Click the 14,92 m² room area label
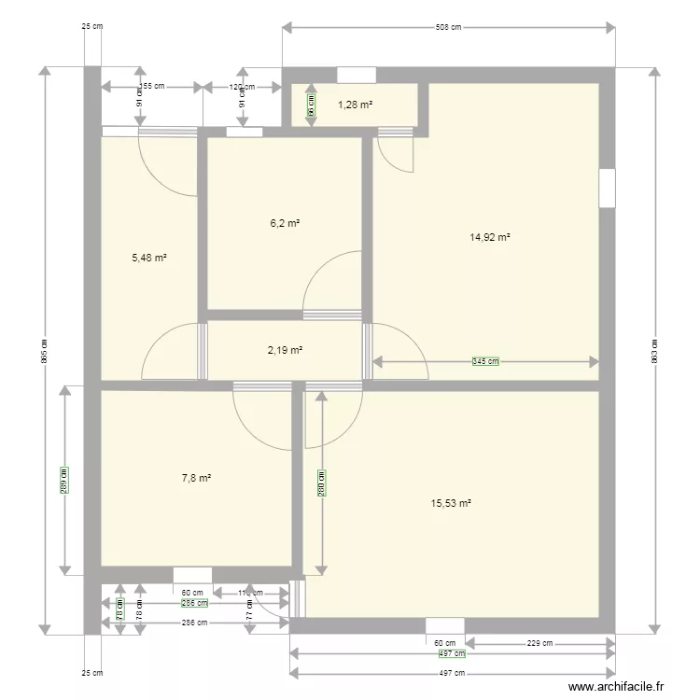490,237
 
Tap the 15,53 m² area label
451,503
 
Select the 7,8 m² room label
196,478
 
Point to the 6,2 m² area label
285,223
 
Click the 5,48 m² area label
150,257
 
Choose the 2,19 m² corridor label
285,350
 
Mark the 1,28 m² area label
355,105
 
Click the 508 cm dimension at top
449,28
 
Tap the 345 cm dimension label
485,361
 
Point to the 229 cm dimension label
540,642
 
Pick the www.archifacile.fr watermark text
616,687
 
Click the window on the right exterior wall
607,188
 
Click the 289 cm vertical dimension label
64,480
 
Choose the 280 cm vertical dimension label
321,482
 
